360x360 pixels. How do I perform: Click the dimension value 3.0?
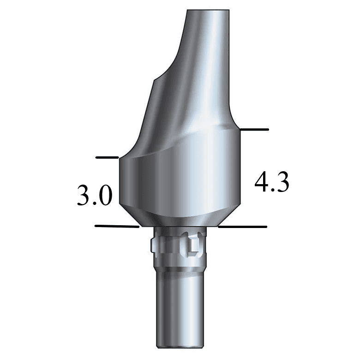pyautogui.click(x=94, y=196)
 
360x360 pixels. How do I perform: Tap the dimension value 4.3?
pyautogui.click(x=272, y=183)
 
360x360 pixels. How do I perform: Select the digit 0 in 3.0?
pyautogui.click(x=105, y=196)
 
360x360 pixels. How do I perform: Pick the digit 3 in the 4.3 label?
pyautogui.click(x=282, y=183)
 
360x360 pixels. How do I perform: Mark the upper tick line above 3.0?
pyautogui.click(x=107, y=157)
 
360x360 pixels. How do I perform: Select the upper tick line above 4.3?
pyautogui.click(x=254, y=129)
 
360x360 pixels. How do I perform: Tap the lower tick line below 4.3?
pyautogui.click(x=243, y=227)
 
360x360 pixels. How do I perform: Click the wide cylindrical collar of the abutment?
pyautogui.click(x=180, y=180)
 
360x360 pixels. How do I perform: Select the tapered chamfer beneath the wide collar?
pyautogui.click(x=180, y=217)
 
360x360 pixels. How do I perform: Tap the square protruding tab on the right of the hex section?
pyautogui.click(x=194, y=245)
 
